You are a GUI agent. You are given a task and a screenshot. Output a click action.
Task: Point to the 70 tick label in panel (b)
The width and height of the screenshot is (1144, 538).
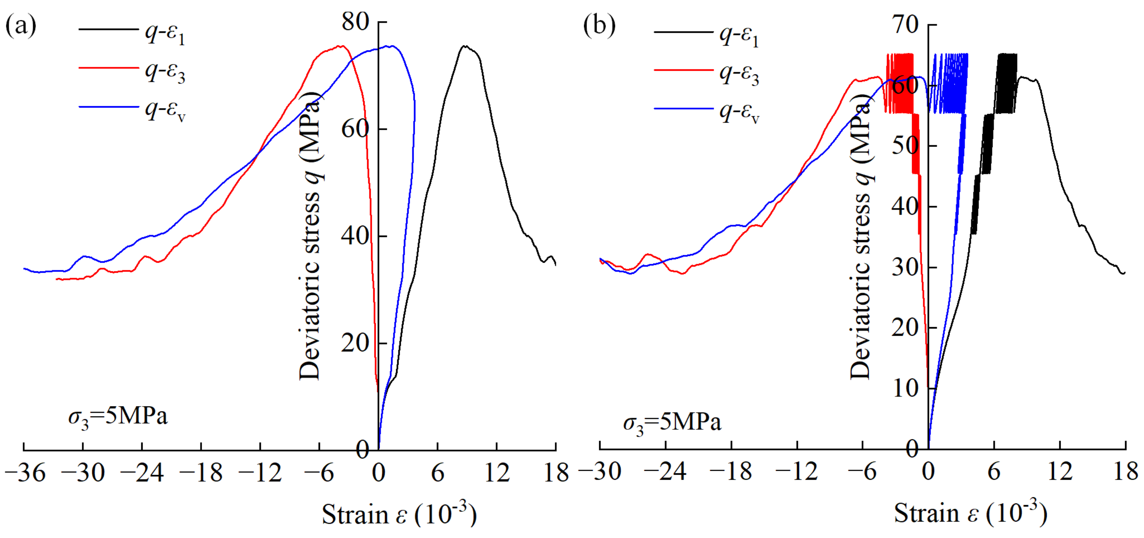pos(906,24)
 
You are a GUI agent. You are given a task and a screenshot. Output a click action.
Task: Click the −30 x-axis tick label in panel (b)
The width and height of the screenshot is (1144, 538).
pos(601,472)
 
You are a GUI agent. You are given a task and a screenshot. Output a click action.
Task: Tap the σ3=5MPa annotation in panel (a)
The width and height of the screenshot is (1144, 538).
pos(118,418)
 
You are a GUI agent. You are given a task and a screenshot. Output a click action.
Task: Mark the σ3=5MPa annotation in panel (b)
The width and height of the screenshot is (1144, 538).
pos(672,423)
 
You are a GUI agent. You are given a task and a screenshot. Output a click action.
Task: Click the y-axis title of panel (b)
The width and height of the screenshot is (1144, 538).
pos(860,235)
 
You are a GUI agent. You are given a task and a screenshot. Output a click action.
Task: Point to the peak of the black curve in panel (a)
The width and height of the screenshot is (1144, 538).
pos(465,46)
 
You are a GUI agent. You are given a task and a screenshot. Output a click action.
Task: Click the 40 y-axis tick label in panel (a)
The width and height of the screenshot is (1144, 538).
pos(355,236)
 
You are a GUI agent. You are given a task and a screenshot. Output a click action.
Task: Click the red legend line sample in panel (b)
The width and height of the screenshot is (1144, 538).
pos(684,70)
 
